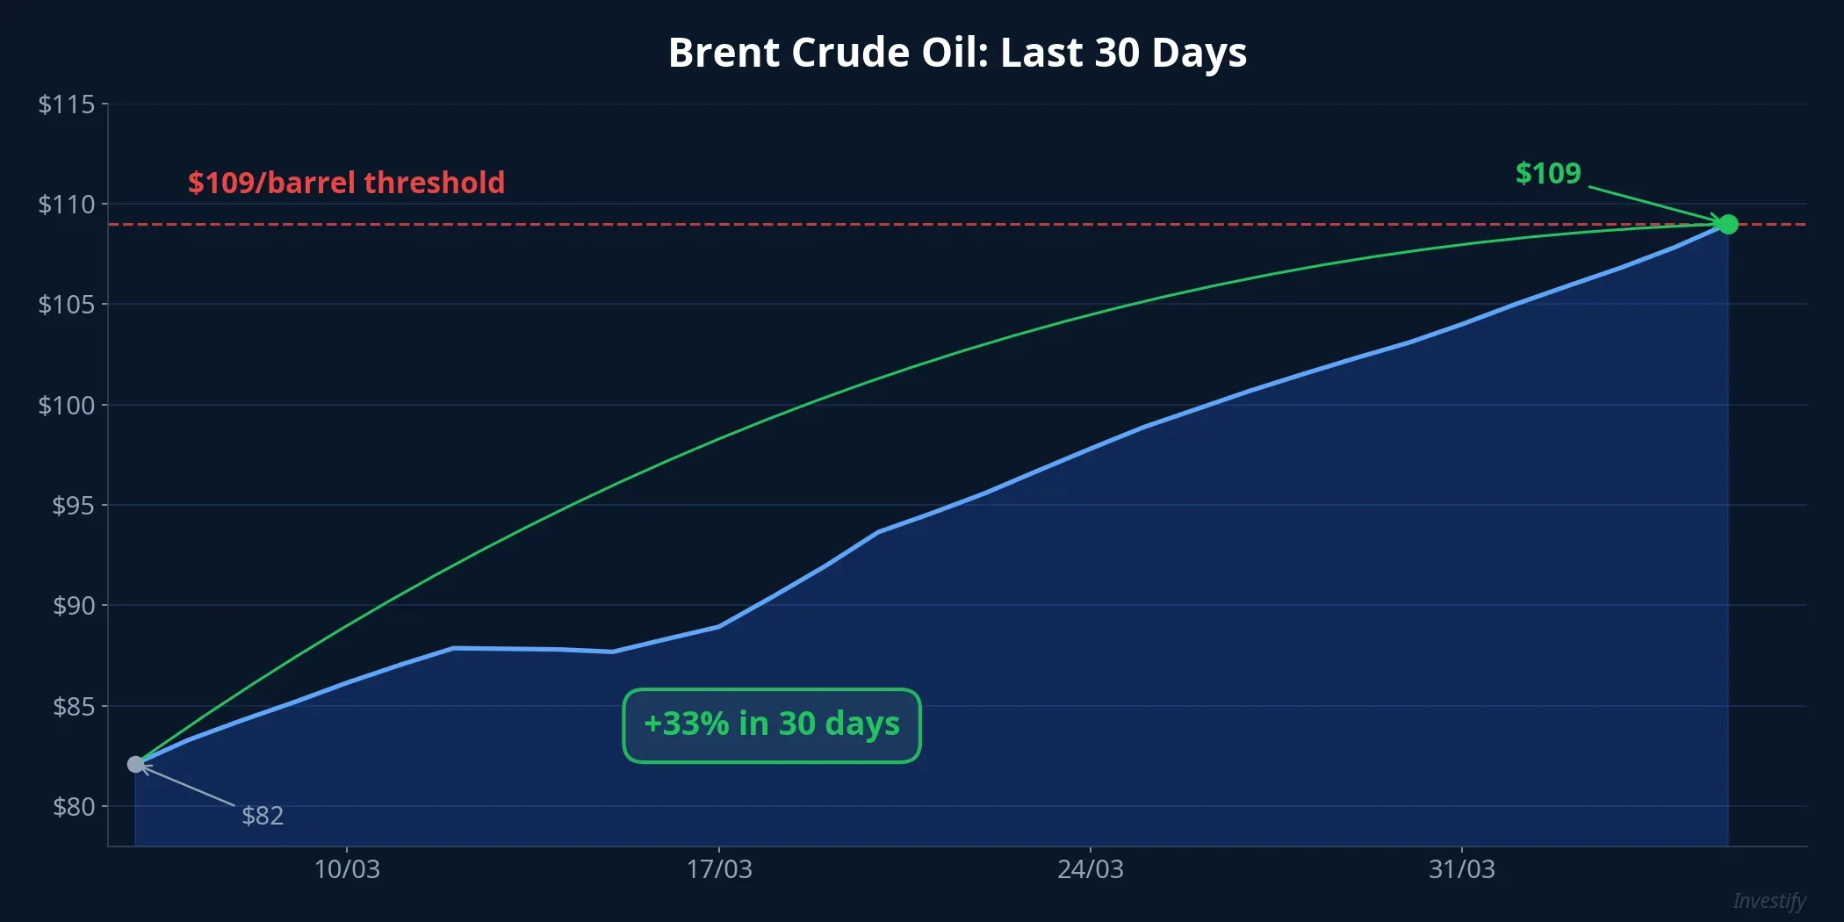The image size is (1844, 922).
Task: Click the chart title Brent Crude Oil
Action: [957, 53]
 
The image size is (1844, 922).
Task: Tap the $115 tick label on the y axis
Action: [66, 104]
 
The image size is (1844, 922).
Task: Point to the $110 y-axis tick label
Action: [66, 205]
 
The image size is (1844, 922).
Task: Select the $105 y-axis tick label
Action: [66, 305]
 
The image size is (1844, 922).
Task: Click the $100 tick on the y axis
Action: [66, 405]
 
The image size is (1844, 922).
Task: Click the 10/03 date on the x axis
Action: [347, 869]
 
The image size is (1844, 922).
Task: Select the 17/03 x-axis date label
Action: [718, 869]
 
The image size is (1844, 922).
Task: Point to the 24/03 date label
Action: [1090, 869]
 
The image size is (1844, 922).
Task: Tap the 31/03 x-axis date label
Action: [1461, 869]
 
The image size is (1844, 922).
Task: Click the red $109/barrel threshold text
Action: [346, 183]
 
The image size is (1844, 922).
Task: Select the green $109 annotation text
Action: [1547, 173]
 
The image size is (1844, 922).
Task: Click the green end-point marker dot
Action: [1727, 225]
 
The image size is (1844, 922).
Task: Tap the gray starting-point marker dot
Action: [135, 765]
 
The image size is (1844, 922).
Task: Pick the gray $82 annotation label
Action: [263, 816]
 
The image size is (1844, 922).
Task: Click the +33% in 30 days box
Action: [771, 725]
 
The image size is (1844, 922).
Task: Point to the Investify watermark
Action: [1768, 901]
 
